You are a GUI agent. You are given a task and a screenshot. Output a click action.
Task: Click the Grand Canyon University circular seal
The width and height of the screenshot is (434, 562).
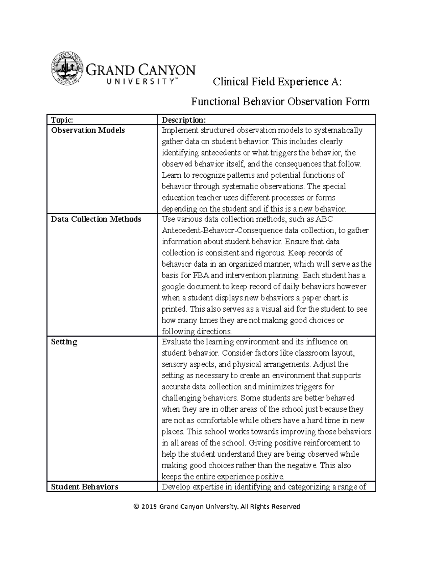tap(66, 68)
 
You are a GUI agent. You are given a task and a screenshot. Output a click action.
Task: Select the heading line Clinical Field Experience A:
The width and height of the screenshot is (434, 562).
tap(277, 82)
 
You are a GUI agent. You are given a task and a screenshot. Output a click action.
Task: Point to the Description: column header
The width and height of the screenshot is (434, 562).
tap(183, 120)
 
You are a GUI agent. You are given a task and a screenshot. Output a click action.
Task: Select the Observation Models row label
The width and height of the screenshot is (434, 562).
tap(88, 130)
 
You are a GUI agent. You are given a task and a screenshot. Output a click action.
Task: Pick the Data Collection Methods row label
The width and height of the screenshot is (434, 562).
tap(96, 219)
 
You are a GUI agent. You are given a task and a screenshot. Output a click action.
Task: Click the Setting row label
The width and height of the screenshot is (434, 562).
tap(64, 342)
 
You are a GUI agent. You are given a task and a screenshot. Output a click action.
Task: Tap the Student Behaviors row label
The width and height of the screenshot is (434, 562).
tap(84, 487)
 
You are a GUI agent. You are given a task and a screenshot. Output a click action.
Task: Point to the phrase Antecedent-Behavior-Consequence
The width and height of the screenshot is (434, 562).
tap(222, 231)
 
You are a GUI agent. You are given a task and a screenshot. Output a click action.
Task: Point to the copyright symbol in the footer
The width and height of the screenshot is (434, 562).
tap(136, 507)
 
